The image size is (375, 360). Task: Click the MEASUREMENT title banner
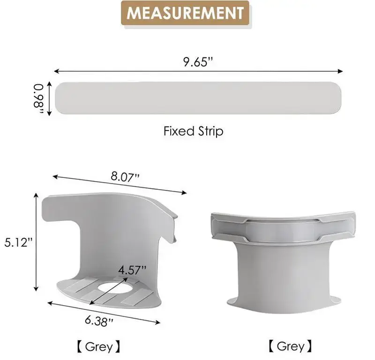pyautogui.click(x=185, y=13)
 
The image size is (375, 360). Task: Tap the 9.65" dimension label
pyautogui.click(x=198, y=62)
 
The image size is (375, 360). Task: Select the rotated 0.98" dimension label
pyautogui.click(x=38, y=98)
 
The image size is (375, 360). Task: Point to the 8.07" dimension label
pyautogui.click(x=125, y=177)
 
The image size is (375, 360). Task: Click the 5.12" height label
pyautogui.click(x=18, y=242)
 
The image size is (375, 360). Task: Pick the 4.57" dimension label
pyautogui.click(x=132, y=270)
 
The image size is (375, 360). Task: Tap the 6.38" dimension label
pyautogui.click(x=99, y=321)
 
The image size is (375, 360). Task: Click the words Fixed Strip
pyautogui.click(x=194, y=131)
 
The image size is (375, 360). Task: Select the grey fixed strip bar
pyautogui.click(x=198, y=98)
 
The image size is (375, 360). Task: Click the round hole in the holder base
pyautogui.click(x=115, y=287)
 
